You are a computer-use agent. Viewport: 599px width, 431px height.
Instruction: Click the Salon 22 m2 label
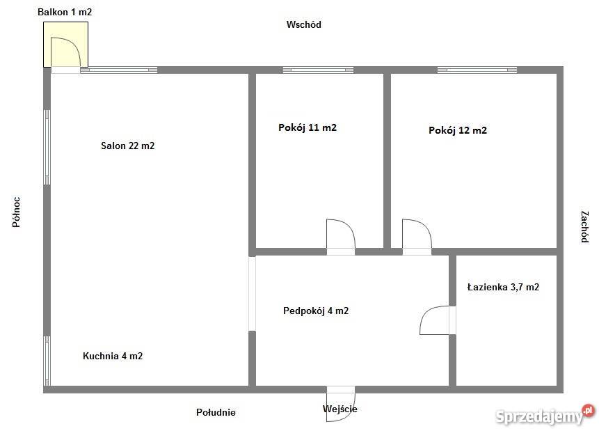click(127, 146)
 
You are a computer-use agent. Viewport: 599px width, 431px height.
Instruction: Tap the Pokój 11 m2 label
click(308, 127)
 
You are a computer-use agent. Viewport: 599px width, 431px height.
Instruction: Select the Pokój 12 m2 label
click(458, 130)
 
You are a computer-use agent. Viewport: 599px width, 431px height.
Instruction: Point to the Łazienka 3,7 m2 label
click(503, 287)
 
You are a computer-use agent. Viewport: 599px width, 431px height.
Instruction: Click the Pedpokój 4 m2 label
click(316, 311)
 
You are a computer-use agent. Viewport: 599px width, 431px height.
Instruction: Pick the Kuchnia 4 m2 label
click(113, 356)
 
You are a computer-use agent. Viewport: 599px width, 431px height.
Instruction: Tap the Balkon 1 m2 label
click(65, 12)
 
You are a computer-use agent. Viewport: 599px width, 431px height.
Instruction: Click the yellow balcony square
click(65, 44)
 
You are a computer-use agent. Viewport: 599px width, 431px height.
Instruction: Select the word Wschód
click(303, 24)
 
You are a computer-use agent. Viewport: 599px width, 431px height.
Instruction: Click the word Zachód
click(584, 227)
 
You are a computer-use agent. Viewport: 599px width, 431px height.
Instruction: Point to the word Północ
click(16, 212)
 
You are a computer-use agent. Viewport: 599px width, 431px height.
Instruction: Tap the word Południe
click(216, 412)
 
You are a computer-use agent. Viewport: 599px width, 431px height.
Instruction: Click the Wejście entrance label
click(340, 409)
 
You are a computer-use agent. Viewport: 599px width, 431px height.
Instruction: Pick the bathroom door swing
click(435, 320)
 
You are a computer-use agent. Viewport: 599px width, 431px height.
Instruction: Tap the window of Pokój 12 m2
click(477, 70)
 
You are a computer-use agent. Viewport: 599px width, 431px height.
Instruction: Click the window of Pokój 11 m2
click(318, 70)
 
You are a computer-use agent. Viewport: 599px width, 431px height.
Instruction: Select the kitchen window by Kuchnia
click(47, 361)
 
